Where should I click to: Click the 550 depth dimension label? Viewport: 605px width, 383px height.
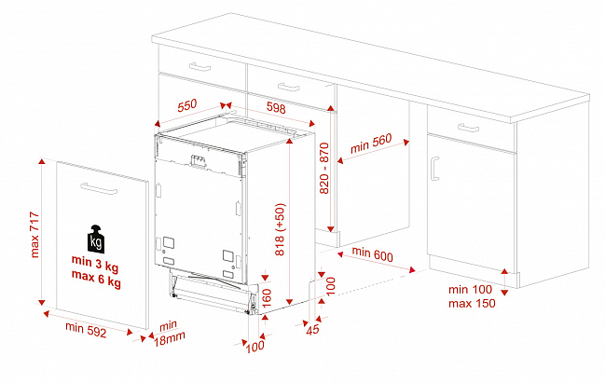click(187, 105)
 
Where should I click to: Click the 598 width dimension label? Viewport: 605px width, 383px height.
click(276, 107)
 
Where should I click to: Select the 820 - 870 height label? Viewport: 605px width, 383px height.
click(324, 168)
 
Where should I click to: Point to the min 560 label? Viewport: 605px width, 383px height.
click(371, 144)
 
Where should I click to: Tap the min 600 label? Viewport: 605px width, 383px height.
click(372, 254)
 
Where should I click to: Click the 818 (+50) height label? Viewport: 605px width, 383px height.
click(280, 229)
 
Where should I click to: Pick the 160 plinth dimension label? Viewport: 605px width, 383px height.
click(267, 298)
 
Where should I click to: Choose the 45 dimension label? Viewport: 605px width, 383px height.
click(313, 329)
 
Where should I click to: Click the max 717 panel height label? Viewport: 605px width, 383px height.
click(34, 235)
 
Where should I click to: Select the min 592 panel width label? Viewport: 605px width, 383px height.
click(86, 330)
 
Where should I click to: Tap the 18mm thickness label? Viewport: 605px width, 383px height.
click(170, 338)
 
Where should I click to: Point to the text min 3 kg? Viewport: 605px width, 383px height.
click(95, 263)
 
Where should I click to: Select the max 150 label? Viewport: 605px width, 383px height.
click(472, 303)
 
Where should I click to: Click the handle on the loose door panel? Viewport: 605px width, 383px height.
click(99, 188)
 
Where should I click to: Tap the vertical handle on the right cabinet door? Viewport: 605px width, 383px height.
click(434, 168)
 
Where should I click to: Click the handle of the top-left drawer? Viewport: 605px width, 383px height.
click(199, 67)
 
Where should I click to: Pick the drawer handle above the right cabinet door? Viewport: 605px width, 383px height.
click(468, 128)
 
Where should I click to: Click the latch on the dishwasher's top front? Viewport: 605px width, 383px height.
click(198, 161)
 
